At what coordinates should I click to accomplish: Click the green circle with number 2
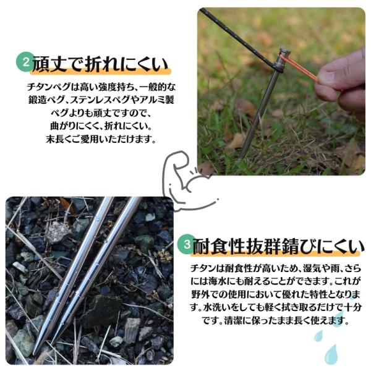tap(25, 62)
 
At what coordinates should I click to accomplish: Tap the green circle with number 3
tap(187, 244)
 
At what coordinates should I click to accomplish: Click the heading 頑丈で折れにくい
tap(100, 64)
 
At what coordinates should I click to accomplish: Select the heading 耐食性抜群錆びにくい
tap(278, 246)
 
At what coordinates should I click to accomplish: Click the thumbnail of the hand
tap(326, 75)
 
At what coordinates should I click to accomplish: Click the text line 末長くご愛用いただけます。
tap(101, 139)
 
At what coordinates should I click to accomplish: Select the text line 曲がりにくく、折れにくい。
tap(101, 126)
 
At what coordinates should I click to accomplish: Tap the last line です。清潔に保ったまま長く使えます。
tap(276, 321)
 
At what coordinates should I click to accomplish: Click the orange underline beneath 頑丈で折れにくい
tap(100, 72)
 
